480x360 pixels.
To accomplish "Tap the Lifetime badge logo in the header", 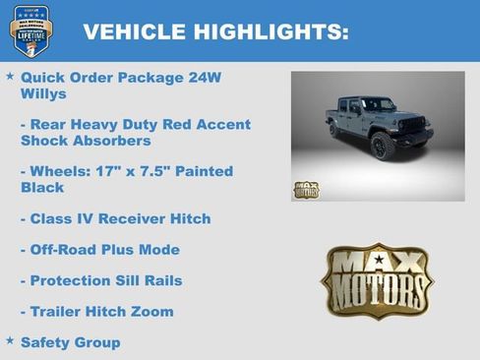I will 30,30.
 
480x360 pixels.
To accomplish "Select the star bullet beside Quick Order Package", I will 10,76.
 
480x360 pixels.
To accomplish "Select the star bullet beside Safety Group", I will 10,341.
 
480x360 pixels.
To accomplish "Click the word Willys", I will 43,94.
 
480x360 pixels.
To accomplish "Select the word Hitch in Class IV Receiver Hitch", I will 189,218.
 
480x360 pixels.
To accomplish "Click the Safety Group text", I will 70,342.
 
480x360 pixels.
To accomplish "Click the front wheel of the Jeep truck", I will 383,146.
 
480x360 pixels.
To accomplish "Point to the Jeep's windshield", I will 378,105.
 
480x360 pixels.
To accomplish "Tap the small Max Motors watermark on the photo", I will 306,190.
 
